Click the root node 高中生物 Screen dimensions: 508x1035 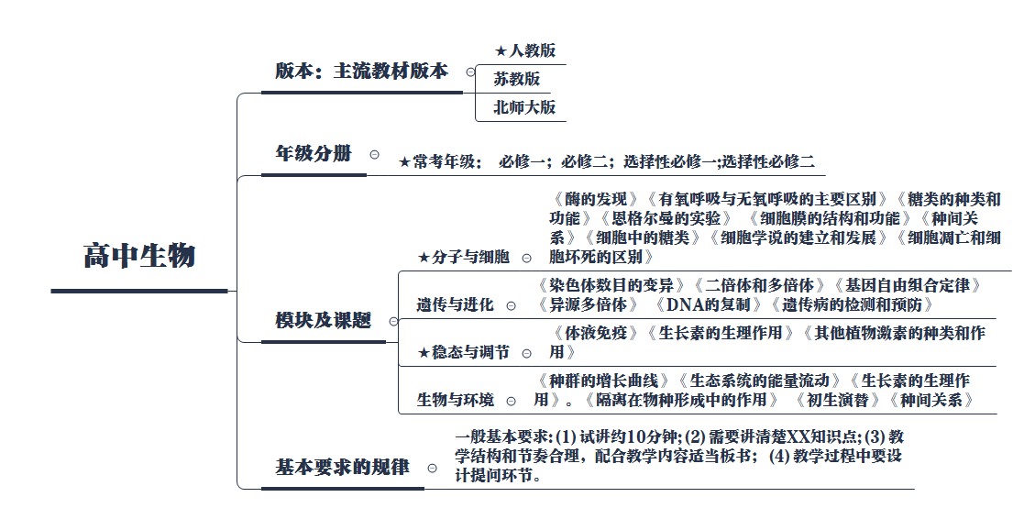(x=139, y=255)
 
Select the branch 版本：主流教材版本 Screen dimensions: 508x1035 (x=361, y=72)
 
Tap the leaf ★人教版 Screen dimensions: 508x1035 (x=524, y=50)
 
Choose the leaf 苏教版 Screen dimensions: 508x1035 (x=517, y=79)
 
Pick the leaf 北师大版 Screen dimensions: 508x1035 (x=524, y=107)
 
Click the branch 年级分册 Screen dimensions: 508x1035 (x=314, y=154)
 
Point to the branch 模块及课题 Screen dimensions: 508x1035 (x=323, y=321)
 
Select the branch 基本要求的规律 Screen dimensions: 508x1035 (x=342, y=467)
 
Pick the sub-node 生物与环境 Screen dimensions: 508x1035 (x=456, y=401)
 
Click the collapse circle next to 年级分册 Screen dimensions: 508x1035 (x=374, y=155)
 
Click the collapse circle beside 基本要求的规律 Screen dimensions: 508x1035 (x=432, y=468)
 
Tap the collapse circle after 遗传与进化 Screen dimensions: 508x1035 (x=511, y=305)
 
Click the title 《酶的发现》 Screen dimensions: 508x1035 (x=595, y=199)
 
